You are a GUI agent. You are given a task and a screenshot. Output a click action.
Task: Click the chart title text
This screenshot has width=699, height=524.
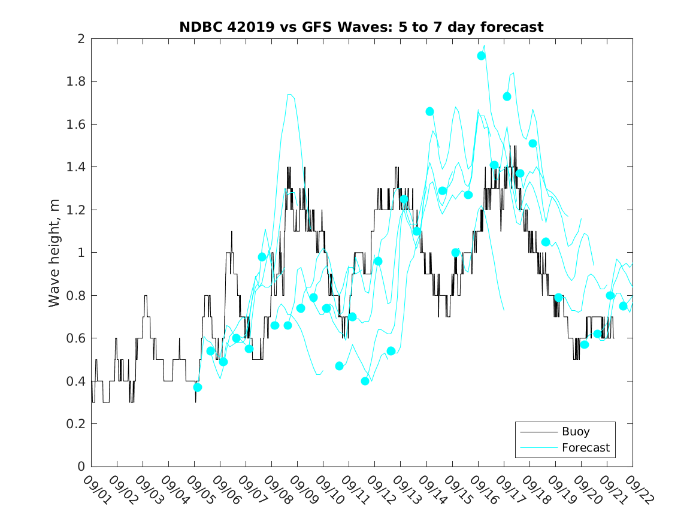tap(361, 27)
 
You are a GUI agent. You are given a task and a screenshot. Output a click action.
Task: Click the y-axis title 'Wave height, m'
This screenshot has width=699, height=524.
tap(55, 253)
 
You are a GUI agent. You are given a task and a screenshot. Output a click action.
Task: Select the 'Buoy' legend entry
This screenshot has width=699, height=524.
tap(575, 431)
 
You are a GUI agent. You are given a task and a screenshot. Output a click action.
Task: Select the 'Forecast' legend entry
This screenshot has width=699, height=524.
tap(585, 447)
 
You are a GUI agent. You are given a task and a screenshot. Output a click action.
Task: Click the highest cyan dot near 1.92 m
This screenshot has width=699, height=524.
tap(481, 56)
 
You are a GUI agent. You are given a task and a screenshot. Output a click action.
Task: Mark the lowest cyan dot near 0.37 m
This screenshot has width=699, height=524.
tap(198, 387)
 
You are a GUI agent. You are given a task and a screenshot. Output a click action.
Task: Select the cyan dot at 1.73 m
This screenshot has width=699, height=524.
tap(507, 96)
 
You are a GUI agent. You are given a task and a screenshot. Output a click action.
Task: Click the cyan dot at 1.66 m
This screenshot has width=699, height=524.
tap(429, 111)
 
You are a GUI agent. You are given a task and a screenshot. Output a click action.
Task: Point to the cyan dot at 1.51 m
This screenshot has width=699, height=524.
tap(532, 143)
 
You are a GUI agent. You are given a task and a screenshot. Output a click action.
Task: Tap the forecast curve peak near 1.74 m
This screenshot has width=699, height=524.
tap(289, 94)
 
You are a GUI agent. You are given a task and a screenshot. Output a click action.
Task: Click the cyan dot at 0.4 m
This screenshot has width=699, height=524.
tap(365, 381)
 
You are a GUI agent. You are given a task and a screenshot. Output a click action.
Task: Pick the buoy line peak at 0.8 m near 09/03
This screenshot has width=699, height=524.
tap(146, 296)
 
